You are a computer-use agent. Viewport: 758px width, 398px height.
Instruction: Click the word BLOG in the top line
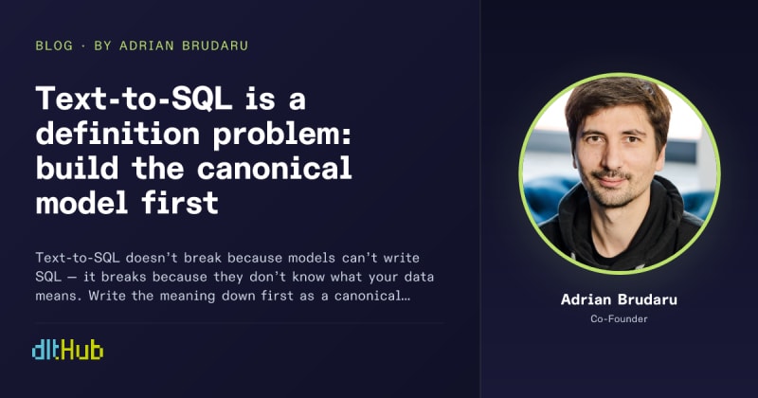pos(54,45)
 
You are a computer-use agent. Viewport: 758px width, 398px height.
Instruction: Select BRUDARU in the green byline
pos(215,45)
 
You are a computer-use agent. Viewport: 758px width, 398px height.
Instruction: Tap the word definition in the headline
pos(117,134)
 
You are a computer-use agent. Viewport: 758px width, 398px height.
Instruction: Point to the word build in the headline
pos(77,169)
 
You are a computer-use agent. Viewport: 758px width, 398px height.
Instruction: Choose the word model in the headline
pos(81,203)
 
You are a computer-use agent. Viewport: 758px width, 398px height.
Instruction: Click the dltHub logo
pos(67,351)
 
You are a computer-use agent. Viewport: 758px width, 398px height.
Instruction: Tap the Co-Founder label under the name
pos(619,318)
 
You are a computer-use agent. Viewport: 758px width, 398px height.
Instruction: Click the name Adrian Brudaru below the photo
pos(619,299)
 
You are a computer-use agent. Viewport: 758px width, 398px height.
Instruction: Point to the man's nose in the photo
pos(613,154)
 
